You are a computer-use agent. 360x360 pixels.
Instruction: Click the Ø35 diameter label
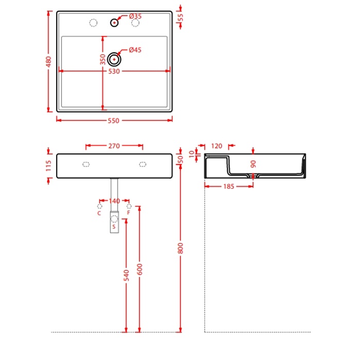(135, 16)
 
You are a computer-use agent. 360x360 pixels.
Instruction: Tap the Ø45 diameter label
(135, 50)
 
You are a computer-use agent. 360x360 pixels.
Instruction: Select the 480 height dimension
(49, 62)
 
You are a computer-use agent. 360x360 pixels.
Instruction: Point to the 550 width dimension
(114, 120)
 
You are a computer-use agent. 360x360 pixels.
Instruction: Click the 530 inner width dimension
(114, 71)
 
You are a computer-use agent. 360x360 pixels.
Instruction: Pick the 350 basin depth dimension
(103, 60)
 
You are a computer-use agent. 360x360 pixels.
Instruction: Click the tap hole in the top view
(114, 23)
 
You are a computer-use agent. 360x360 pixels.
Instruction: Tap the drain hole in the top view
(114, 59)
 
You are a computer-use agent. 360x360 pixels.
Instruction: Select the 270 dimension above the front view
(114, 146)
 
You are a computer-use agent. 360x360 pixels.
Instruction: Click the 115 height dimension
(48, 166)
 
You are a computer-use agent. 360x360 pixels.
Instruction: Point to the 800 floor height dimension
(181, 248)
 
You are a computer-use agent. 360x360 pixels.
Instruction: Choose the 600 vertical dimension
(139, 269)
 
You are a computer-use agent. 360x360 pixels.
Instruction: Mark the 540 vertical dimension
(127, 276)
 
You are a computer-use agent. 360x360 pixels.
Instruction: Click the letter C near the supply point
(99, 213)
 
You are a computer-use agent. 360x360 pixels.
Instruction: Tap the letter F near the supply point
(129, 213)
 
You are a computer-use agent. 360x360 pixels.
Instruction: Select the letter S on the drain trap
(114, 227)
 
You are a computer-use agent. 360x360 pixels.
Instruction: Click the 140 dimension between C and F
(114, 201)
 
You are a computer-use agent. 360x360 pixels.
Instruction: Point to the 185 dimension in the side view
(229, 186)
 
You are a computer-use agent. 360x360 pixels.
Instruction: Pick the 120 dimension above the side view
(217, 146)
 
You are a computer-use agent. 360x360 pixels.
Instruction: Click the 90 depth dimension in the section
(253, 164)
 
